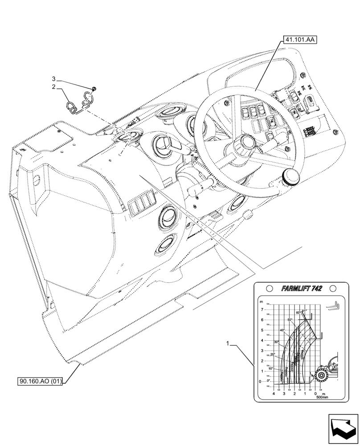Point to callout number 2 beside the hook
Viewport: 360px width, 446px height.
tap(53, 87)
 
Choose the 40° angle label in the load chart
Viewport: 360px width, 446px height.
tap(282, 330)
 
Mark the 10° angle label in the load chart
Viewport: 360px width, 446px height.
tap(271, 369)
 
